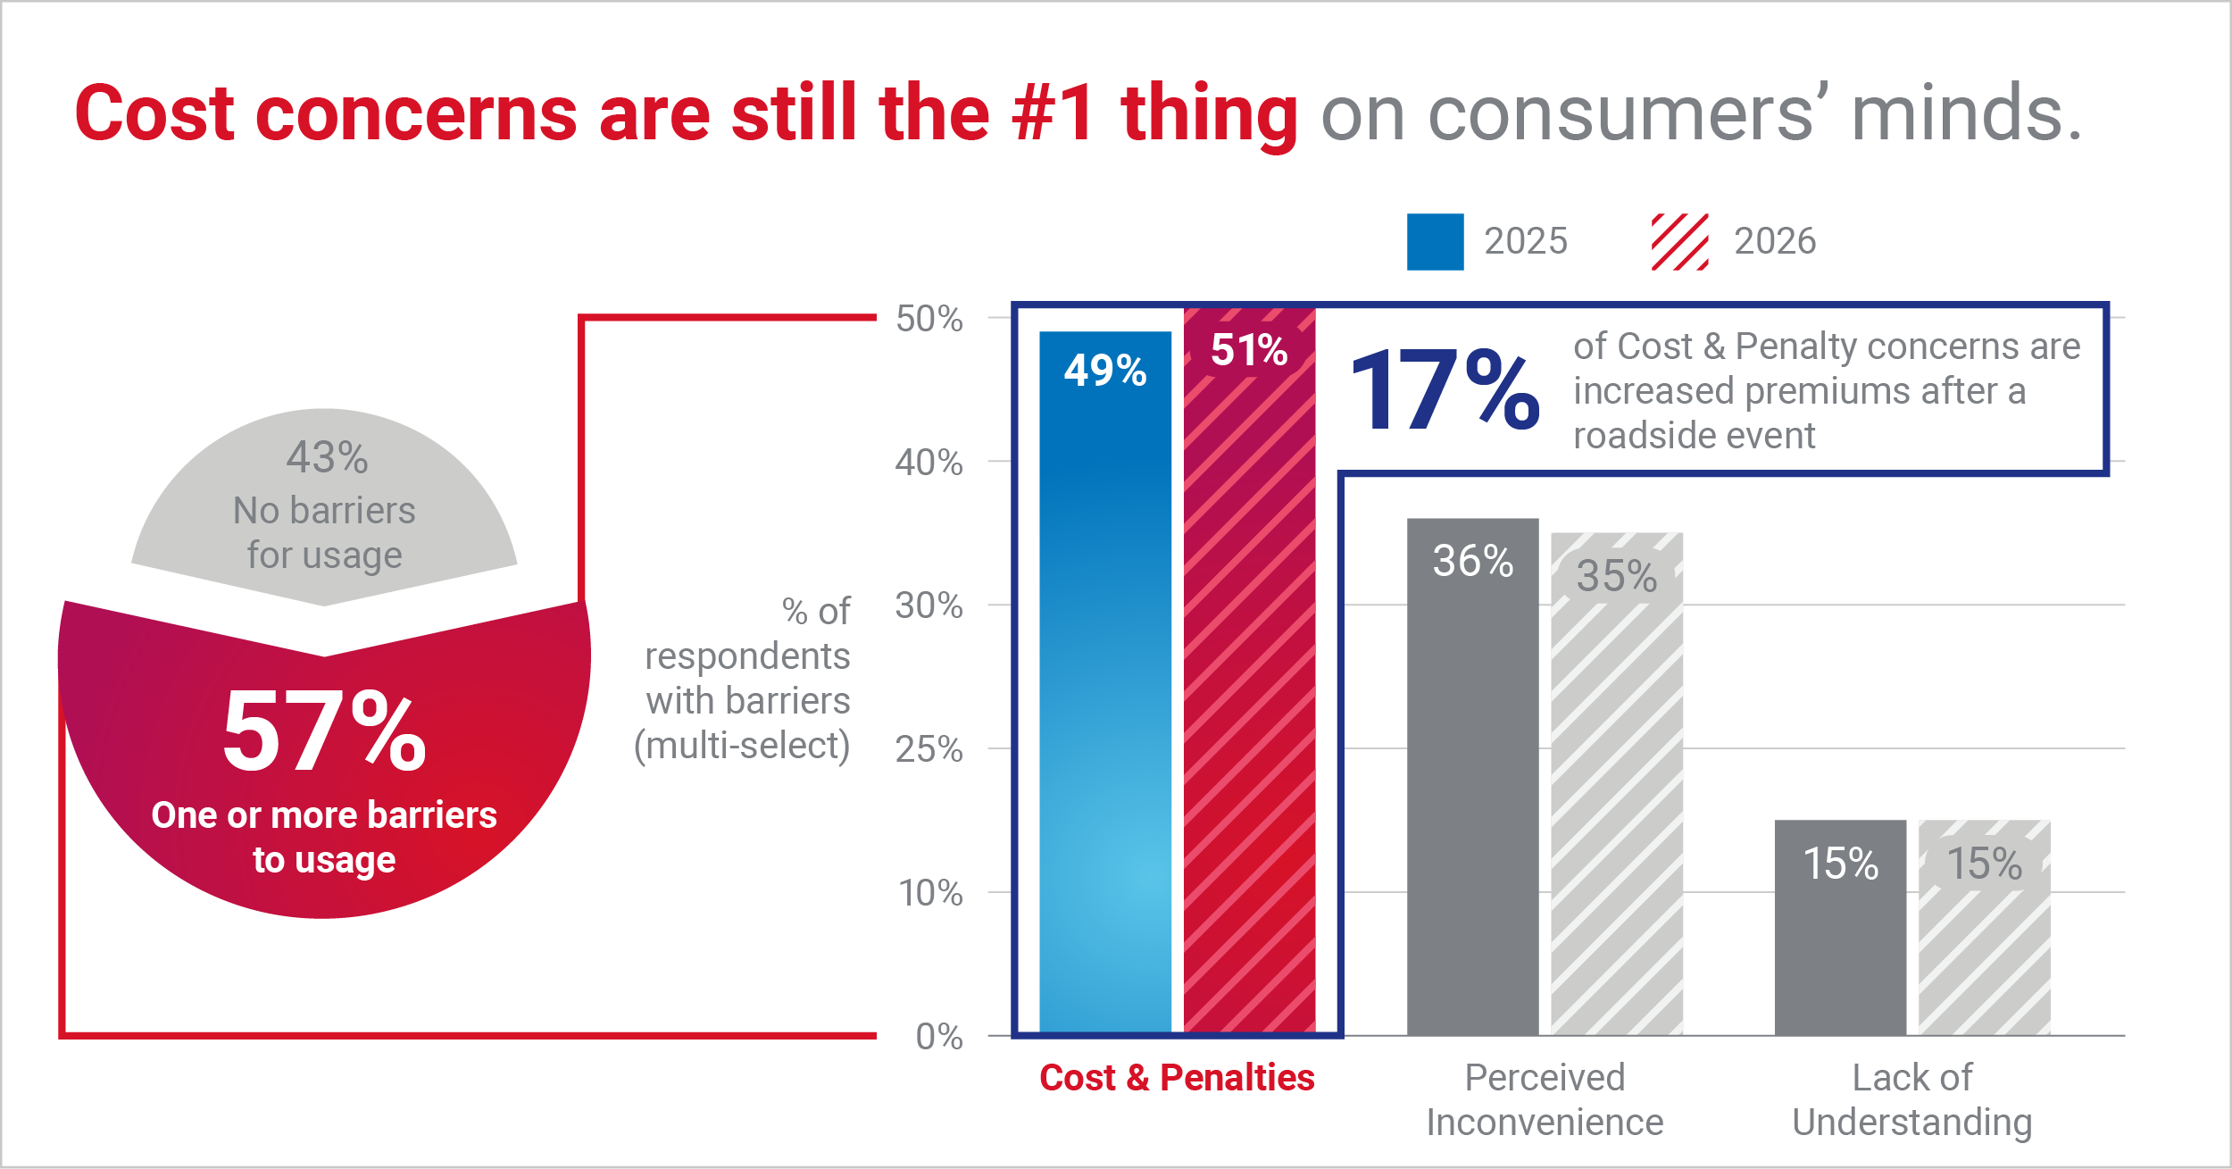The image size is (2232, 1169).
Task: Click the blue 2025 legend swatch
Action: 1435,241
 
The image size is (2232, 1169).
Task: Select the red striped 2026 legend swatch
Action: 1679,241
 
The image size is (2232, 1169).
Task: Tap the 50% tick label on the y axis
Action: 929,319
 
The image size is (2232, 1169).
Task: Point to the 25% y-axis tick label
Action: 929,749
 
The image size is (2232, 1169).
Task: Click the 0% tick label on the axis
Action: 939,1036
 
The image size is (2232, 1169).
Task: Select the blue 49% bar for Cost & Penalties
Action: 1105,683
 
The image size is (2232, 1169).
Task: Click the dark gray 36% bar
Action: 1473,777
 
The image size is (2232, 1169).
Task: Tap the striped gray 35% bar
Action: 1617,784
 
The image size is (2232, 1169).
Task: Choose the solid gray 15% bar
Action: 1840,928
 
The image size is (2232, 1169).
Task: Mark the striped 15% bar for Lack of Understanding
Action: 1985,928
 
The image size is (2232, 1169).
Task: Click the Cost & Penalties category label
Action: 1177,1078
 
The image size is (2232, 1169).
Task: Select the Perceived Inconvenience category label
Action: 1545,1099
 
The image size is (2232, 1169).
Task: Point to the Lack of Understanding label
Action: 1912,1099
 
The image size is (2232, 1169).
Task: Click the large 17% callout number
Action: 1445,389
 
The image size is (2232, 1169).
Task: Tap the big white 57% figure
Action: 324,731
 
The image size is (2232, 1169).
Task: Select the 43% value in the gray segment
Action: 327,457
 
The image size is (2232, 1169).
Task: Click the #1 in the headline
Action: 1054,113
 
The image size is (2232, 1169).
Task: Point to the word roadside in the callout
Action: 1636,436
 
